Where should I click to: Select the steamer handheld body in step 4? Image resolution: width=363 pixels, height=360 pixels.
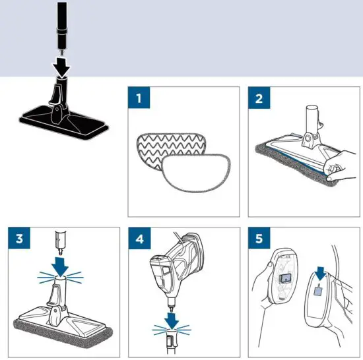(x=175, y=264)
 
